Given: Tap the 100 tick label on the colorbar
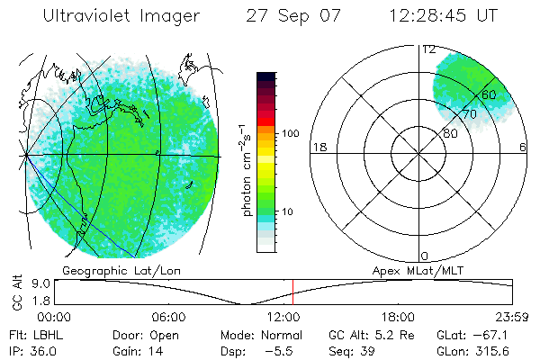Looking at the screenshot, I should (x=289, y=133).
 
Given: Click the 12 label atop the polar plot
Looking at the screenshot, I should (x=429, y=49).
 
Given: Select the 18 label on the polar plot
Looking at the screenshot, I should (x=318, y=147).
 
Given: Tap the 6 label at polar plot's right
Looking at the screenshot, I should (x=523, y=147).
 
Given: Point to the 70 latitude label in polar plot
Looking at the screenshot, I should (x=469, y=114).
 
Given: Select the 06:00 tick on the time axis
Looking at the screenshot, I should (x=168, y=317).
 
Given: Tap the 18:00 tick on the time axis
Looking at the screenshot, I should (x=398, y=317).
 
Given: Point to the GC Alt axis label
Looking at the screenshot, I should (x=16, y=291).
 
